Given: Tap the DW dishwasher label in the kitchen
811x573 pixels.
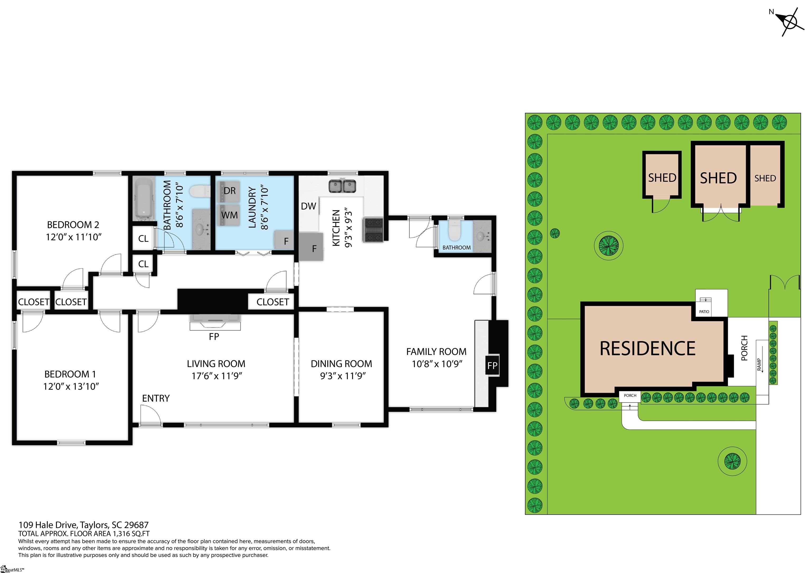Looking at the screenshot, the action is click(308, 206).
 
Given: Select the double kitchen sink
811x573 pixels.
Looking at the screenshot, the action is click(342, 186).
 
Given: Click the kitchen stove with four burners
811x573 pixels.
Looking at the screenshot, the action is click(373, 230).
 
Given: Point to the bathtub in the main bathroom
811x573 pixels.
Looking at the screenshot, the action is click(144, 199).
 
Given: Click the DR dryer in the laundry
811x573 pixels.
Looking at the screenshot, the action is click(229, 191).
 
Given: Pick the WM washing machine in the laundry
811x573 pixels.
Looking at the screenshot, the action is click(229, 215).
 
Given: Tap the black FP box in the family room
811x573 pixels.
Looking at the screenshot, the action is click(492, 365).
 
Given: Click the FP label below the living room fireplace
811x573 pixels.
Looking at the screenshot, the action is click(214, 336).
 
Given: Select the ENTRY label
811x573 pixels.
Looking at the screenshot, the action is click(156, 398).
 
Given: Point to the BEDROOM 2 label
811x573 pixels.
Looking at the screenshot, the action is click(73, 225).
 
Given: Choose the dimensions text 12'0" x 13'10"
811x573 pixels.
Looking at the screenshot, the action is click(71, 386).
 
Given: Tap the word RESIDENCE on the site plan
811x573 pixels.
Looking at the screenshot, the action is click(648, 348).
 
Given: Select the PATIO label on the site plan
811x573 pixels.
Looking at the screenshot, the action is click(704, 312).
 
